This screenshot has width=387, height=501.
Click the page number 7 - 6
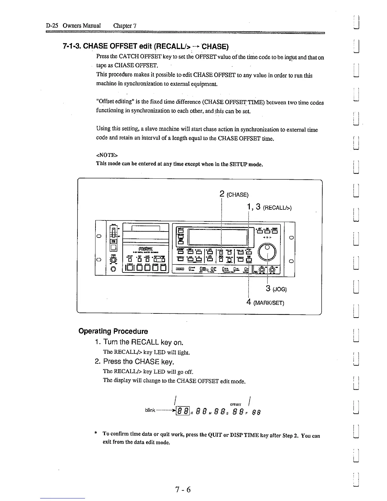tap(183, 490)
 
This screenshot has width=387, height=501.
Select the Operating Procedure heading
tap(113, 331)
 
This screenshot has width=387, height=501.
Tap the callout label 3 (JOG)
tap(276, 288)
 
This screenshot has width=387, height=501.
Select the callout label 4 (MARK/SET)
tap(265, 303)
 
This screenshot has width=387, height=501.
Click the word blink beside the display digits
tap(150, 410)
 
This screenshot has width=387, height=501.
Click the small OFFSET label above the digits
tap(236, 405)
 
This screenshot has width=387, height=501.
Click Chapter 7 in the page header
tap(125, 26)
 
